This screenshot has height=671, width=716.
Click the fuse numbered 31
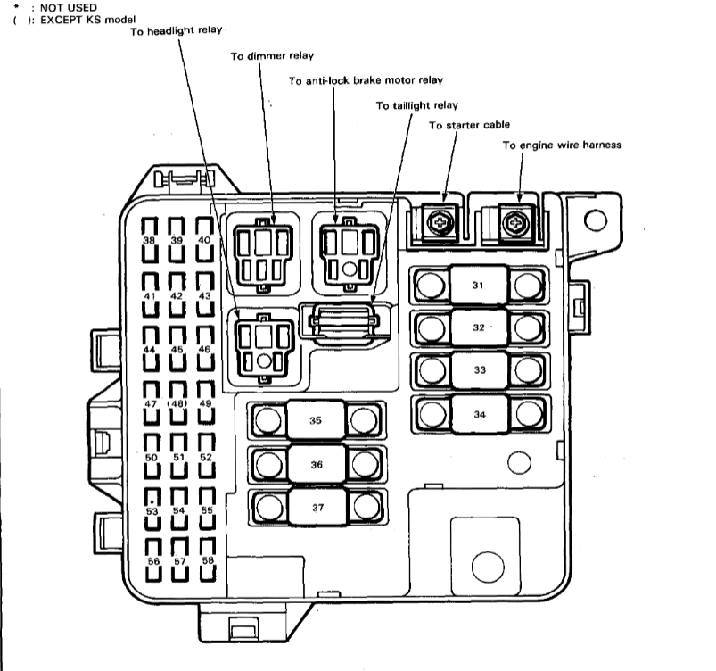pyautogui.click(x=479, y=286)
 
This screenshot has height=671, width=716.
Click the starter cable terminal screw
pyautogui.click(x=438, y=222)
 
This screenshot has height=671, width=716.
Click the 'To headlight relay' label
pyautogui.click(x=178, y=31)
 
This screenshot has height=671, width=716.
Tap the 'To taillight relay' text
pyautogui.click(x=416, y=105)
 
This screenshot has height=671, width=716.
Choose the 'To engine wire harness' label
pyautogui.click(x=562, y=145)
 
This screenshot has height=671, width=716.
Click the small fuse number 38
pyautogui.click(x=150, y=241)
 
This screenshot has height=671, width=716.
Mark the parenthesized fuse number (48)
pyautogui.click(x=177, y=403)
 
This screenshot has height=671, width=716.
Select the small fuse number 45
pyautogui.click(x=177, y=350)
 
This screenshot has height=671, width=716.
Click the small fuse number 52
pyautogui.click(x=206, y=457)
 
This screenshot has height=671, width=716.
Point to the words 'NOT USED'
pyautogui.click(x=54, y=7)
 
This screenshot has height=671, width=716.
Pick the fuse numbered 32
pyautogui.click(x=479, y=327)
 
